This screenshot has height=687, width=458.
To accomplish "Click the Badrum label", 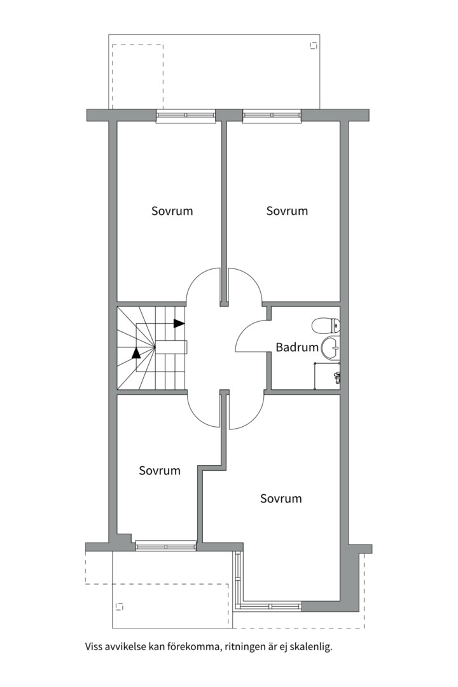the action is [x=297, y=347].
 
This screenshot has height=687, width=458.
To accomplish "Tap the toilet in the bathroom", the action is [x=326, y=326].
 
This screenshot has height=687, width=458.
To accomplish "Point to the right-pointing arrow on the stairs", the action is [x=179, y=323].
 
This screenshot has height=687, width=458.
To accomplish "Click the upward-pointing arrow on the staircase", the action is [x=136, y=352].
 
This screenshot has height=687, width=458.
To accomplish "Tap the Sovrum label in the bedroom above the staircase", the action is [x=172, y=211].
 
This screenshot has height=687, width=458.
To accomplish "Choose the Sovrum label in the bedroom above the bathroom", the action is [x=287, y=211].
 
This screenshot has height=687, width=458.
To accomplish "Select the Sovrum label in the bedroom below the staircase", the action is [x=160, y=471].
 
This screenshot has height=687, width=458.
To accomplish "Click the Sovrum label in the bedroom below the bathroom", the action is [x=281, y=499].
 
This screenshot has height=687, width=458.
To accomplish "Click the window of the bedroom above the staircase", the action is [x=186, y=115].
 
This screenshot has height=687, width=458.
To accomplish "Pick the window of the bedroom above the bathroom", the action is [x=272, y=115].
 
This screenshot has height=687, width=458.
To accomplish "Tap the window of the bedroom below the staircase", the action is [x=166, y=546].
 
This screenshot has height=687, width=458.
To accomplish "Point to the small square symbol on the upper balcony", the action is [x=314, y=45].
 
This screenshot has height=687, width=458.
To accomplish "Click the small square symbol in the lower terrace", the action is [x=119, y=606].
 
